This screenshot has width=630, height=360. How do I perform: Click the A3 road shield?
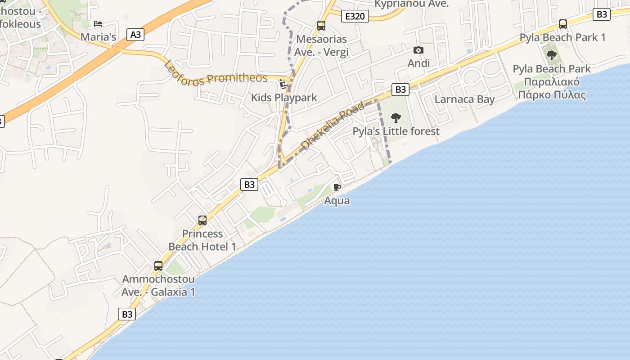[135, 35]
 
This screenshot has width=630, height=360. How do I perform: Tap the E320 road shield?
[355, 17]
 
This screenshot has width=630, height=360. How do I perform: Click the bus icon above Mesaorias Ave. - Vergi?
[321, 26]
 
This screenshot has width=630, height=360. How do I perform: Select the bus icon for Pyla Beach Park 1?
[562, 24]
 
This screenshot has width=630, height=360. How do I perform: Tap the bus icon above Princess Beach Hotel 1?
[202, 220]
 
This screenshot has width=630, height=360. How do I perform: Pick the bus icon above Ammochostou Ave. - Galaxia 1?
[158, 266]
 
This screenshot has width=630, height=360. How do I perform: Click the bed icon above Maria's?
[98, 24]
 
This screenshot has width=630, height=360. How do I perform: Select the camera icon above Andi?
[418, 50]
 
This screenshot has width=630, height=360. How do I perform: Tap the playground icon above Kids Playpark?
[283, 84]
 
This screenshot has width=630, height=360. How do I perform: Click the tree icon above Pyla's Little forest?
[396, 118]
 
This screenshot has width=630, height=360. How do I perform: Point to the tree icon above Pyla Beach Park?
[552, 56]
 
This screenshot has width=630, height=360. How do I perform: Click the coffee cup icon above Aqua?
[337, 187]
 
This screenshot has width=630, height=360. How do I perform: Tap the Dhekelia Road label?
[333, 126]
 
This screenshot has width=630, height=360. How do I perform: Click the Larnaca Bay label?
[464, 99]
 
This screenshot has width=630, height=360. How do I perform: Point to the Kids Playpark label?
[284, 98]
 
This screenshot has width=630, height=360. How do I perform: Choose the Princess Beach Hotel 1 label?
[202, 240]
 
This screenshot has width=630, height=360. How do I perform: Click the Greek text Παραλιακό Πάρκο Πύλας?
[552, 89]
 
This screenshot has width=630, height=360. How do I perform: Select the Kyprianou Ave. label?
[412, 4]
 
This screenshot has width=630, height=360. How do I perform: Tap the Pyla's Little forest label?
[396, 131]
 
